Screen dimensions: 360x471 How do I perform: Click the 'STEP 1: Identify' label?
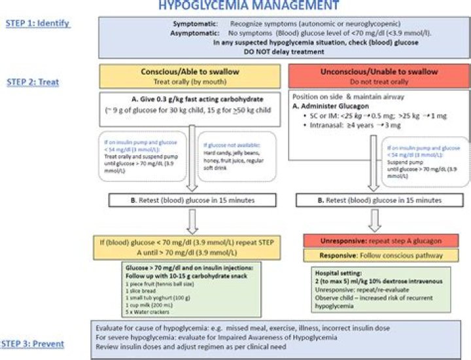tap(37, 24)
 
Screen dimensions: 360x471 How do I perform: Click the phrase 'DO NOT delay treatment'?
tap(283, 51)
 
